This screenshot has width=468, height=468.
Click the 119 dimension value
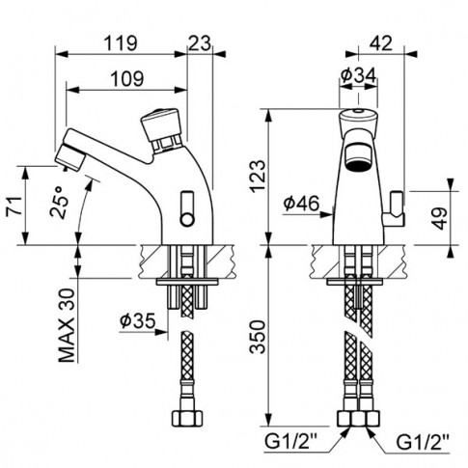121,42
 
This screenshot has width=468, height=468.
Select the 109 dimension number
127,78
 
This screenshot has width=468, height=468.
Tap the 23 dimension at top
200,42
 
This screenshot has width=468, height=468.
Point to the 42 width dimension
381,42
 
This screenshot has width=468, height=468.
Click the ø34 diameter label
358,76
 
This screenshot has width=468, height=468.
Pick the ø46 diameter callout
301,204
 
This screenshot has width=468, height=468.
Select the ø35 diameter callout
138,320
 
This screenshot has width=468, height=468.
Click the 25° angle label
60,202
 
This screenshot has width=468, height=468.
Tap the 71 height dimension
14,206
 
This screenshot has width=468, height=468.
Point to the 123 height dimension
258,177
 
